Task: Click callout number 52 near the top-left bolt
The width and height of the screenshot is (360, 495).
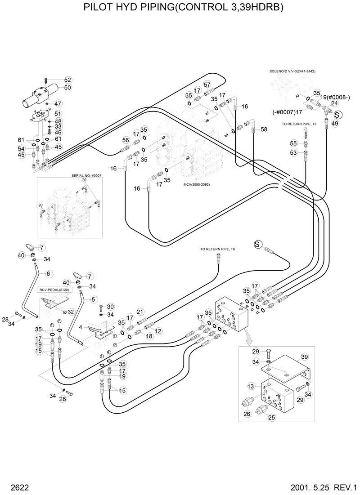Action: (x=67, y=80)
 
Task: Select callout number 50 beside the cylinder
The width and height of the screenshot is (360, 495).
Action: (x=67, y=87)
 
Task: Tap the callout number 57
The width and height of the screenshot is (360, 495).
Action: (x=207, y=85)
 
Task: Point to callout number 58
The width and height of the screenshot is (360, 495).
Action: (x=264, y=129)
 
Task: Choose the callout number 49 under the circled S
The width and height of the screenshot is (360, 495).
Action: (x=335, y=123)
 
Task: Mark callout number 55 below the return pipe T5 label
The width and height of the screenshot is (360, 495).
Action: (x=293, y=143)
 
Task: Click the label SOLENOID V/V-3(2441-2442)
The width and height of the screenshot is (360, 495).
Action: (x=292, y=71)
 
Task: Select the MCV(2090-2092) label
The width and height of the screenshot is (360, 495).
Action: (x=197, y=184)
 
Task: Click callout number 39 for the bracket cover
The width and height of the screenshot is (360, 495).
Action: (x=305, y=357)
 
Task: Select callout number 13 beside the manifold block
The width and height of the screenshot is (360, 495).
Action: (x=251, y=386)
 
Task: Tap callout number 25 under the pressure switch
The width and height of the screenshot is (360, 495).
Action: (x=271, y=418)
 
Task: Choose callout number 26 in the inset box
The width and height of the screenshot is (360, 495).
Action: (x=246, y=414)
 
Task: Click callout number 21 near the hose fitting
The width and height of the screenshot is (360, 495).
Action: (x=140, y=312)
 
